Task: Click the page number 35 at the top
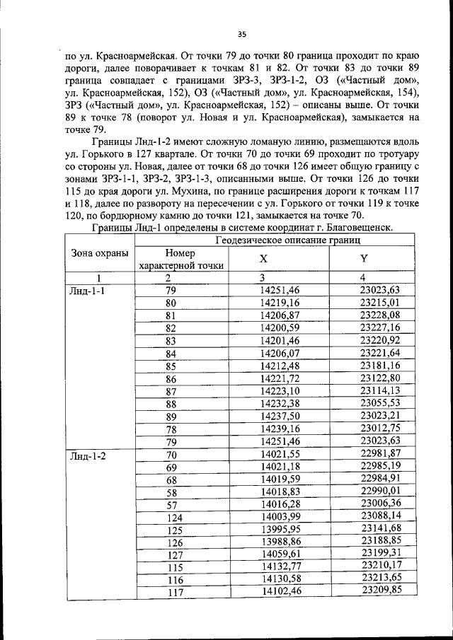[241, 33]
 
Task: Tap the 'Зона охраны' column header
[99, 254]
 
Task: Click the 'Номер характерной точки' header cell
[183, 259]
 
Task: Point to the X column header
[263, 260]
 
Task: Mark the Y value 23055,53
[380, 404]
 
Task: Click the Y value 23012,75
[380, 429]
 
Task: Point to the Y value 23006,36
[381, 503]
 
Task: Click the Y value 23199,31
[382, 553]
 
